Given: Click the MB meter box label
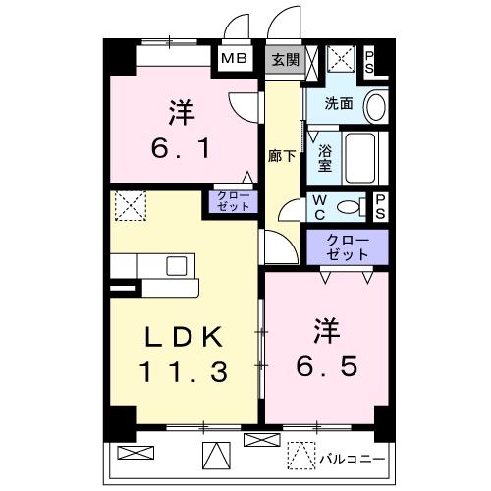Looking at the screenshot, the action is (x=234, y=59).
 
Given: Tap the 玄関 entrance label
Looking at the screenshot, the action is (x=286, y=60).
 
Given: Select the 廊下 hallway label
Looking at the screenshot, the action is (x=282, y=156).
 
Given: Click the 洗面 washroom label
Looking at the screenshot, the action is (x=339, y=104).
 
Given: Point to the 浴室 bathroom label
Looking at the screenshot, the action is (x=325, y=158).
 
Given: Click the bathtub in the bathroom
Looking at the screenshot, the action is (x=360, y=158).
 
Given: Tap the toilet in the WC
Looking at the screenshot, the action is (x=352, y=207).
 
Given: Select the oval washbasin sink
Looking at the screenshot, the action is (x=375, y=107).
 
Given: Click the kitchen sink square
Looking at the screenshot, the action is (x=177, y=266).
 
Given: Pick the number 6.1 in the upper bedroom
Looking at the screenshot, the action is (x=181, y=148).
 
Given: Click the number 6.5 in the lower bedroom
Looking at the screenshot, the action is (x=327, y=366).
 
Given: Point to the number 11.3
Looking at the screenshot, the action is (x=184, y=372).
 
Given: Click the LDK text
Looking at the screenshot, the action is (x=184, y=337).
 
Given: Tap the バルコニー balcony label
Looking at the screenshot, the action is (x=353, y=459).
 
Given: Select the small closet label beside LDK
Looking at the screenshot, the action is (x=234, y=201).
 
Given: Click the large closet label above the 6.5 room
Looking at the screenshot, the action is (x=348, y=247).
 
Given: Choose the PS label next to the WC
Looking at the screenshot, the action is (x=380, y=207).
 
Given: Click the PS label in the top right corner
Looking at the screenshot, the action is (x=369, y=62).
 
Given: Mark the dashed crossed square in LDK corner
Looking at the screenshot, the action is (x=131, y=205).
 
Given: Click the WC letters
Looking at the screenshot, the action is (x=319, y=207).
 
